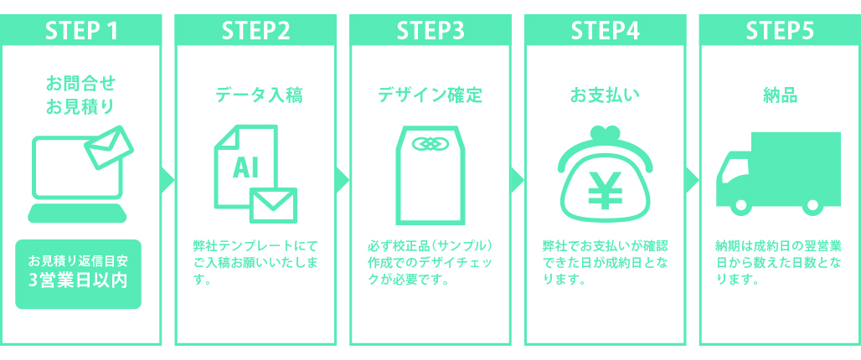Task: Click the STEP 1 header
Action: (80, 29)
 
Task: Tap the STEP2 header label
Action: (255, 29)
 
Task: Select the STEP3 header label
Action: (430, 29)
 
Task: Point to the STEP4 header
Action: (605, 29)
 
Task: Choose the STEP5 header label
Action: (780, 29)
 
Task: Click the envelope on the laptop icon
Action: (109, 148)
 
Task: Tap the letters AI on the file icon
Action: (245, 168)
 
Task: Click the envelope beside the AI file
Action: (273, 203)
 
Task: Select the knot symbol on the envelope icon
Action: (430, 144)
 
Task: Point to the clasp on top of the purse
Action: (605, 134)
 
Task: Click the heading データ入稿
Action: (255, 95)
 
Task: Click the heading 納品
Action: (780, 95)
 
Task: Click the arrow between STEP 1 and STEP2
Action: (168, 179)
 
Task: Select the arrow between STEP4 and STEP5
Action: (692, 179)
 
